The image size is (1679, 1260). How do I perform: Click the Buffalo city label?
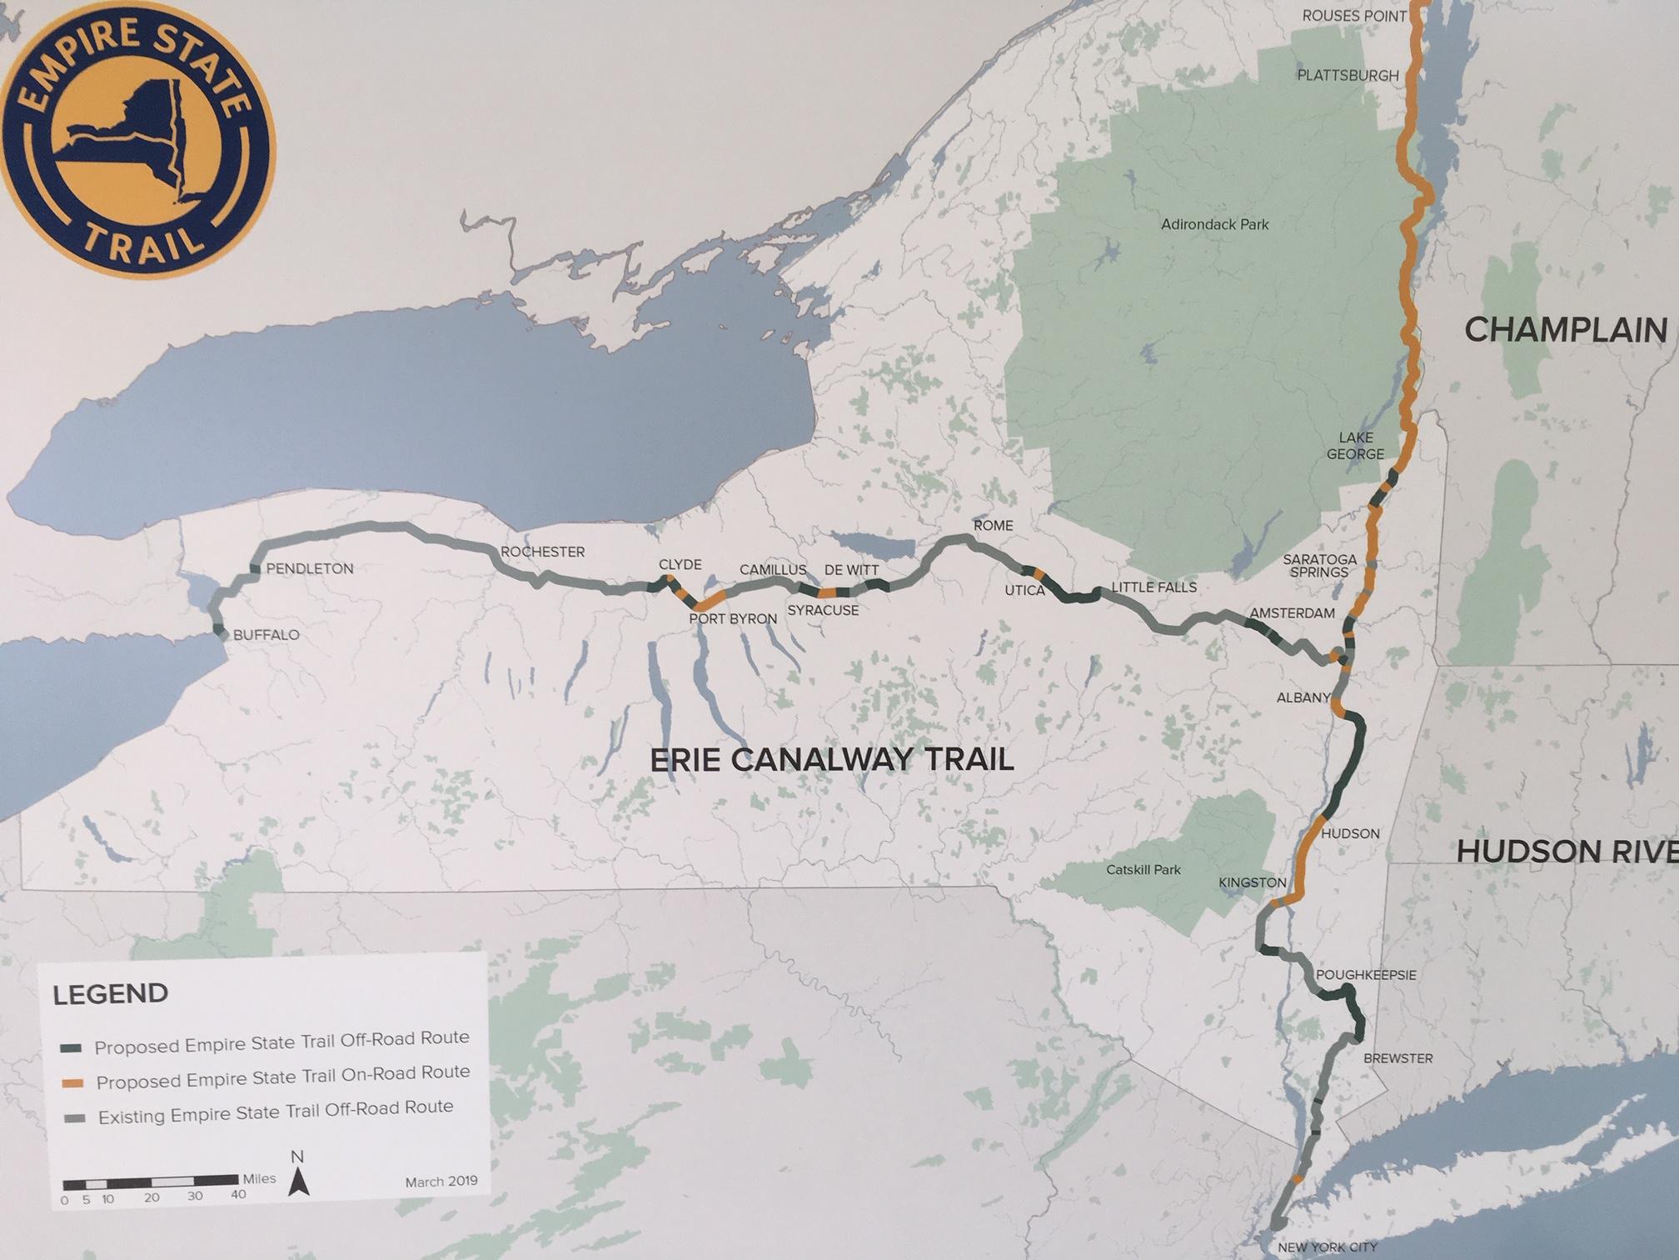coord(266,635)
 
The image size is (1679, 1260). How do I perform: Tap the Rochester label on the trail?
coord(542,552)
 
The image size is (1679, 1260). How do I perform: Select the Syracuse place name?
coord(823,611)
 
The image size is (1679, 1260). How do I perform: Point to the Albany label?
coord(1303,697)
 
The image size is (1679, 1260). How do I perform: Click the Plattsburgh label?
coord(1348,76)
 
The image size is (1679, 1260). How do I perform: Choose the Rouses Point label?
coord(1353,16)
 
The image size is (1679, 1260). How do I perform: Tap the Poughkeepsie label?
coord(1365,975)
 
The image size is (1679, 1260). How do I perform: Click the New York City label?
coord(1328,1247)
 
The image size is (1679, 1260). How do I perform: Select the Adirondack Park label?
coord(1214,224)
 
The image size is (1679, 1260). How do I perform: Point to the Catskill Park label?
coord(1143,870)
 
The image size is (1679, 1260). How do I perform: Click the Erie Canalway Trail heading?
coord(831,760)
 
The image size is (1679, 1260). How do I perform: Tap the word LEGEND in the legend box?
coord(110,994)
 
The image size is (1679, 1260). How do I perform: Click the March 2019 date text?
coord(441,1182)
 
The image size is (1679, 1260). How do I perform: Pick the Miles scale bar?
coord(150,1180)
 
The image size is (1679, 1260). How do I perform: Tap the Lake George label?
coord(1355,446)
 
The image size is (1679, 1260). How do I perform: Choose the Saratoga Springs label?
coord(1319,566)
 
